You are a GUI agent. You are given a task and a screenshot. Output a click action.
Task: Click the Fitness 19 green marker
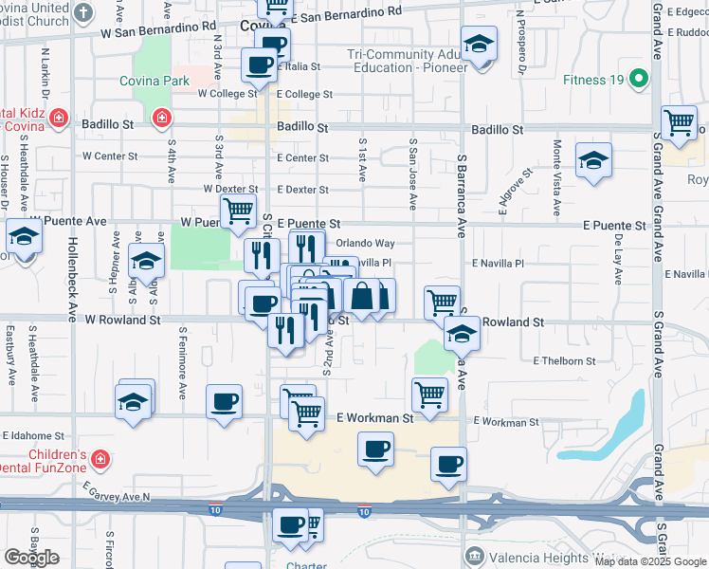tap(640, 80)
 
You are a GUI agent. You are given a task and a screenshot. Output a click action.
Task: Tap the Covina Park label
tap(155, 82)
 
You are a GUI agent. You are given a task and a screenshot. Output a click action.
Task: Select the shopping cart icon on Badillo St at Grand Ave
tap(679, 122)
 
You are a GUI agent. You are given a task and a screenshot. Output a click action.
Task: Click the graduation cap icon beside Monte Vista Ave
tap(593, 159)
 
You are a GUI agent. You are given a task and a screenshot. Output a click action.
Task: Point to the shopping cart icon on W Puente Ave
tap(238, 210)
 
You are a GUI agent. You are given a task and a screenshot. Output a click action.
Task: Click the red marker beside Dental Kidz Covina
tap(59, 118)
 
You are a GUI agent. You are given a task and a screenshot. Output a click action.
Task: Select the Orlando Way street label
tap(365, 243)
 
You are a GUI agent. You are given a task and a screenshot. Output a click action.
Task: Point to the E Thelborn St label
tap(564, 361)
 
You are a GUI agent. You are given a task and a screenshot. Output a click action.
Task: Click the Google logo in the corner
tap(31, 558)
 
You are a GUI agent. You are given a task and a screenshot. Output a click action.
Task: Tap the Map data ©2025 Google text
tap(649, 561)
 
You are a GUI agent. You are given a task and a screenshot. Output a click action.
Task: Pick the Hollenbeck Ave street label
tap(71, 272)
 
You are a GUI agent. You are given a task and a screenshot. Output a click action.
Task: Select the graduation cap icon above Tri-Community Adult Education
tap(479, 44)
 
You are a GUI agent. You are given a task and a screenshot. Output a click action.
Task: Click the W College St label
tap(227, 94)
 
